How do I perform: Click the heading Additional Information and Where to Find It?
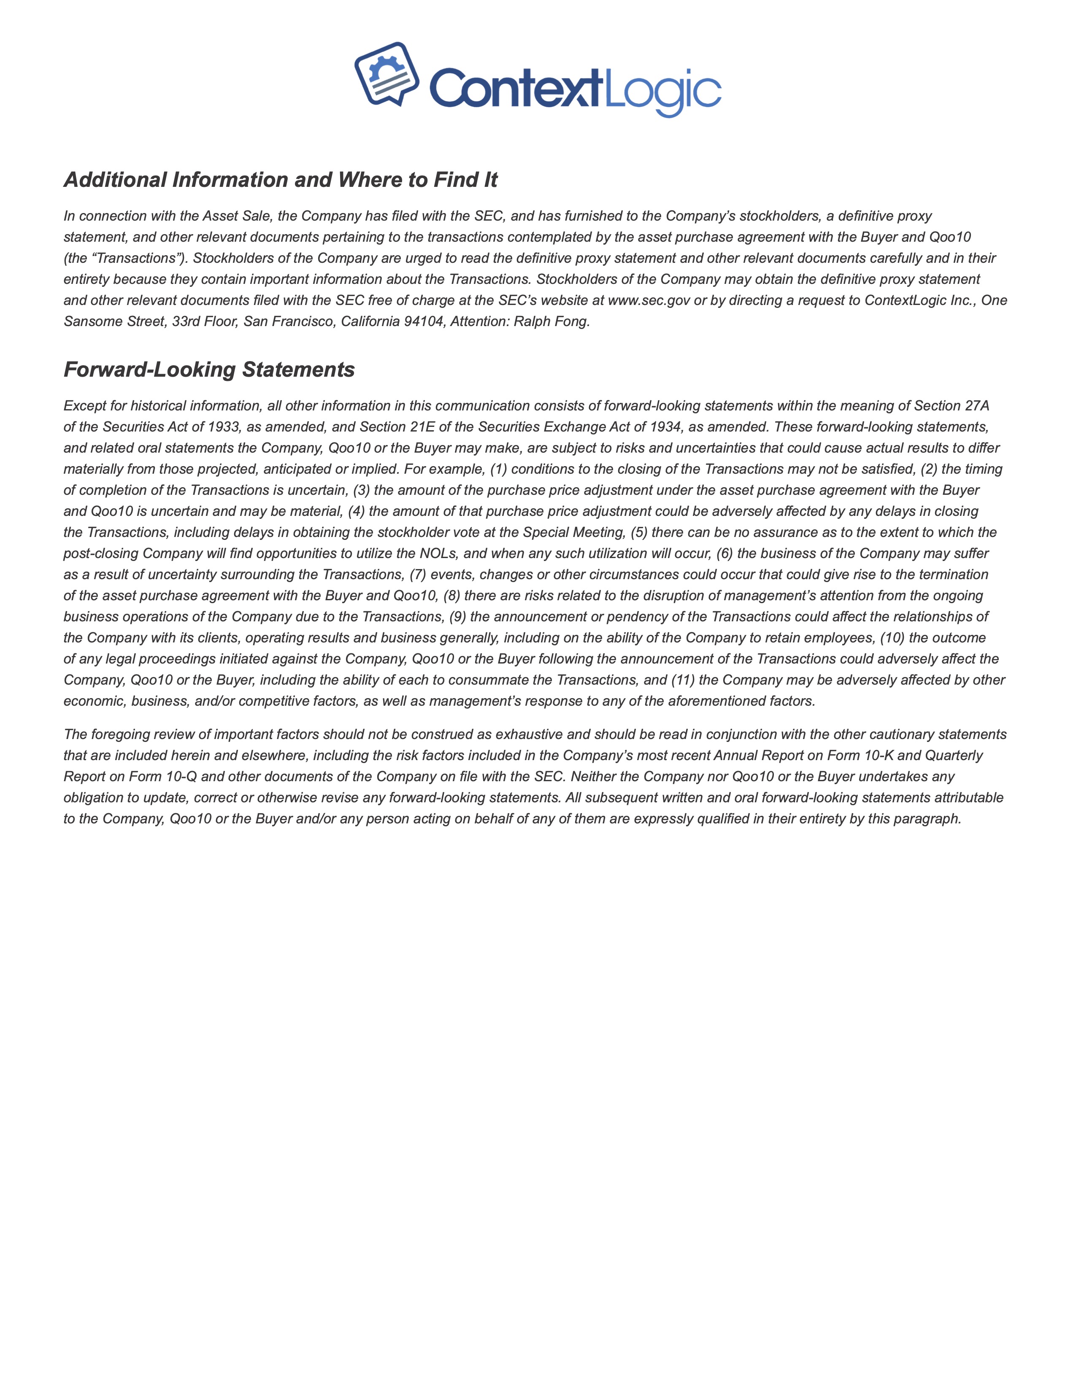coord(281,180)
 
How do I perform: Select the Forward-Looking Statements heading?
coord(209,370)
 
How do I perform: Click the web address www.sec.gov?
coord(649,300)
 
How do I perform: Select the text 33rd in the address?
coord(186,321)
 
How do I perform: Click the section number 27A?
coord(973,406)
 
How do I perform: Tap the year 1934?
coord(665,427)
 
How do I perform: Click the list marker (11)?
coord(683,680)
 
